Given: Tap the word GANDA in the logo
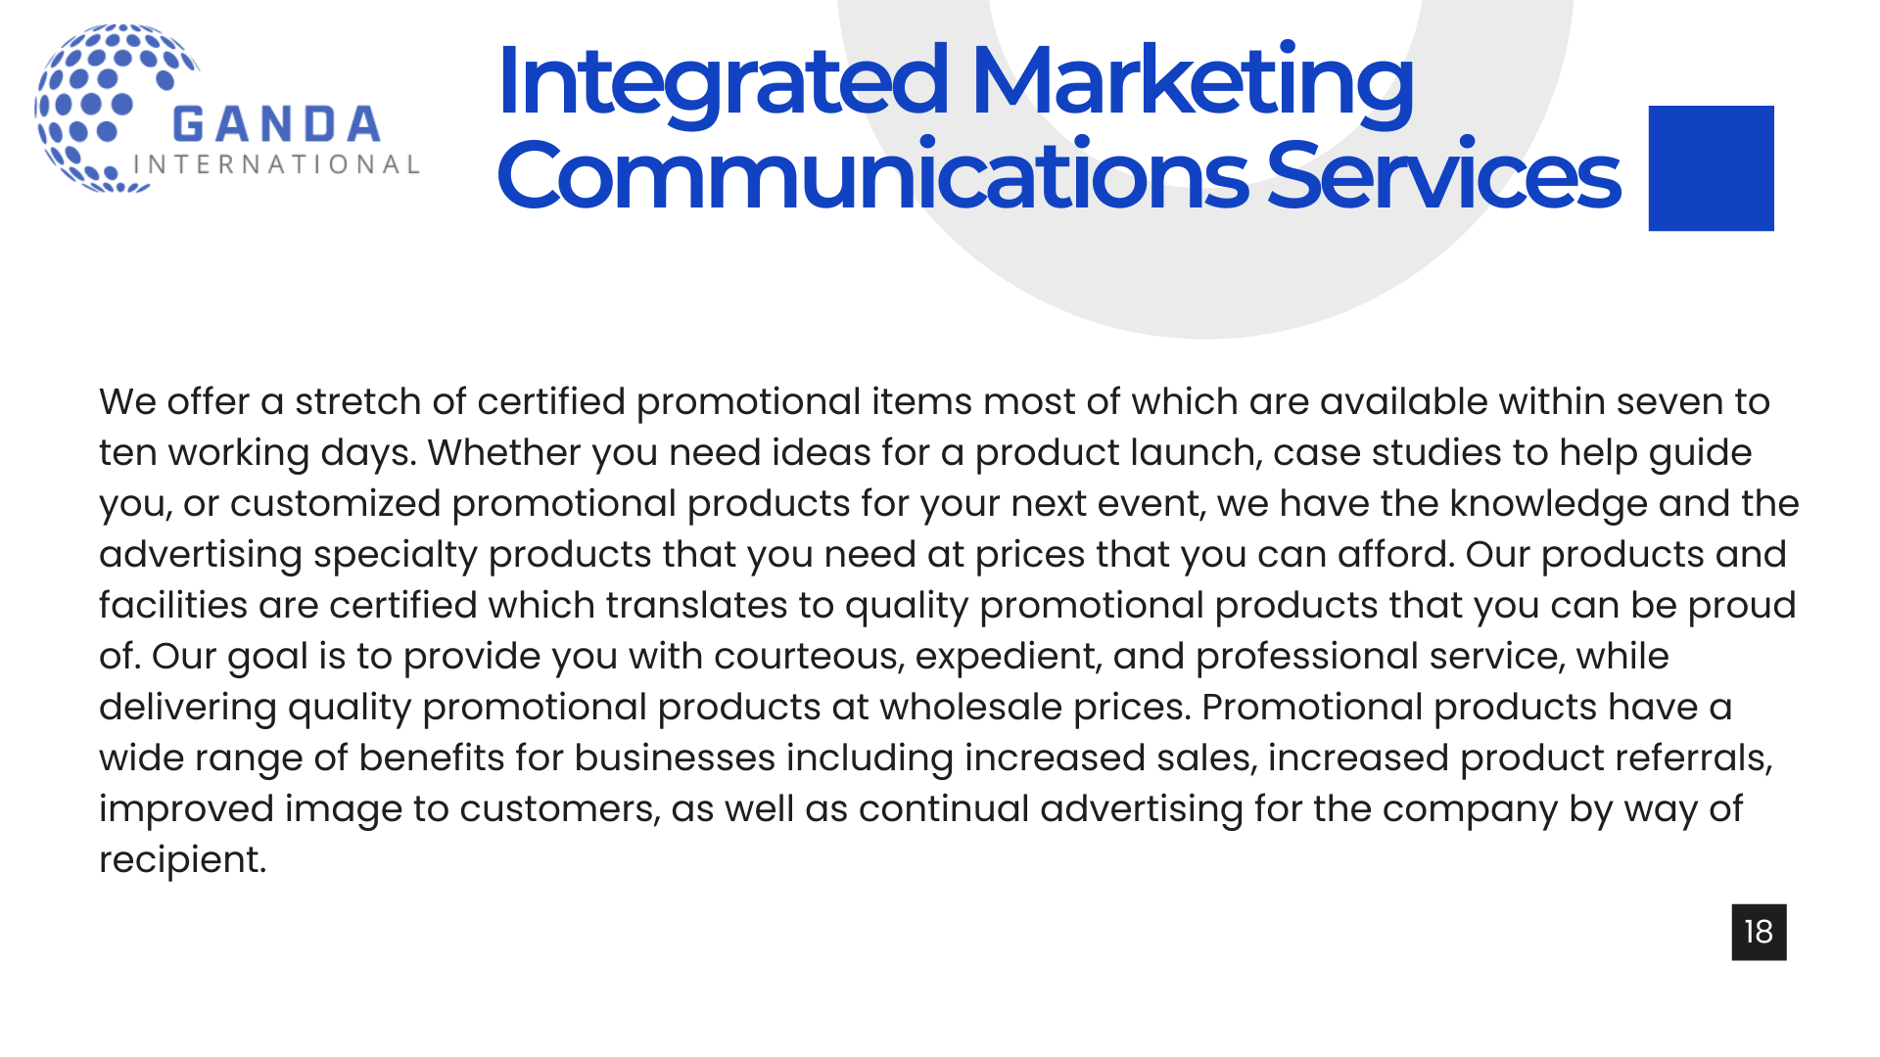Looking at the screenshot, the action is [x=276, y=125].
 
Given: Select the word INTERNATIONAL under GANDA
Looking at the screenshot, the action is [x=276, y=164].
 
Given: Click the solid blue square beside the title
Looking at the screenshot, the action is [x=1711, y=168].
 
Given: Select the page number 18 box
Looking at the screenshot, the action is [x=1759, y=932].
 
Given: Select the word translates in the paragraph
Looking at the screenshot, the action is [x=696, y=606].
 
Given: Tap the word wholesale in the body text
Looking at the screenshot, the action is [x=970, y=708].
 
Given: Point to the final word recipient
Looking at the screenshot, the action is [x=182, y=860].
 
